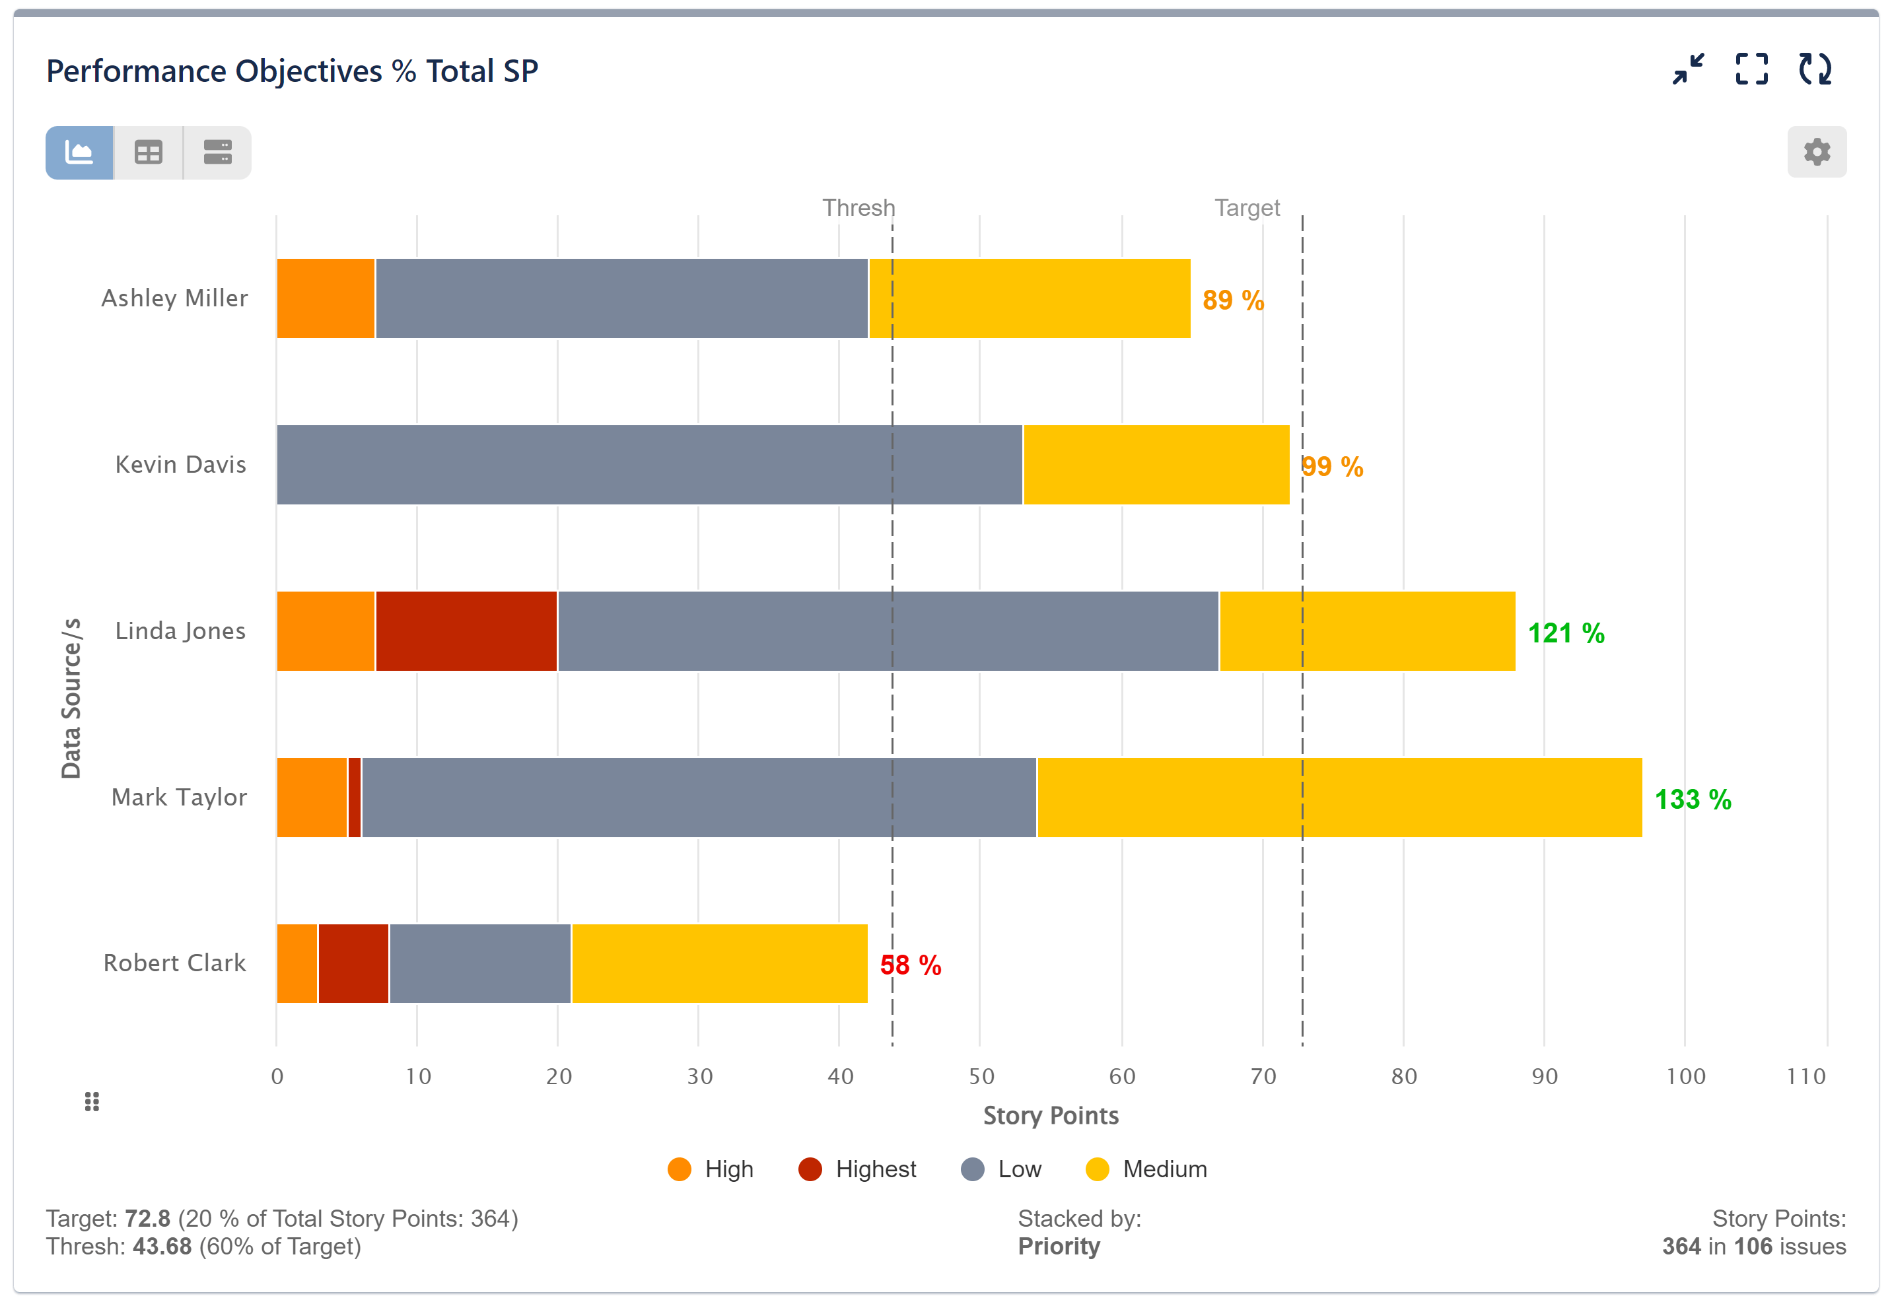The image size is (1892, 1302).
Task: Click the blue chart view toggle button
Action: point(79,153)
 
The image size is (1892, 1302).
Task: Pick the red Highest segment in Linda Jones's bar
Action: point(466,631)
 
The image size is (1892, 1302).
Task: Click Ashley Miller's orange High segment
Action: point(325,298)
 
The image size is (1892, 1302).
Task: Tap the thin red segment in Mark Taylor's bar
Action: point(354,798)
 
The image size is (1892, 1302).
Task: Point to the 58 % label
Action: point(911,966)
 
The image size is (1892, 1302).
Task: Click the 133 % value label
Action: point(1692,800)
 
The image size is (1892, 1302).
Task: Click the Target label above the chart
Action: point(1246,208)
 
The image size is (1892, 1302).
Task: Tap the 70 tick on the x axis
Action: point(1262,1077)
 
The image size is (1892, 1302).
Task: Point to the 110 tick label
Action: point(1805,1077)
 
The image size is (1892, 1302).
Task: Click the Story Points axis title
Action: point(1050,1116)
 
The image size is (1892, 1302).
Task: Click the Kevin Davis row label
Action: point(180,465)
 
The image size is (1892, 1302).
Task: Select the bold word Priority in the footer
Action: point(1058,1247)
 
